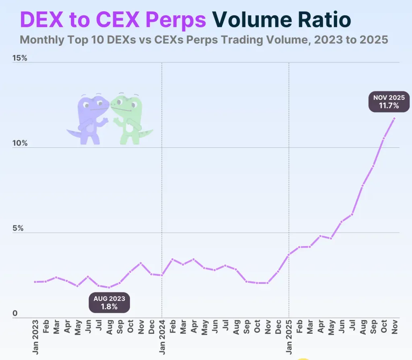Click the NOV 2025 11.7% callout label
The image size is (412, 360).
[x=389, y=101]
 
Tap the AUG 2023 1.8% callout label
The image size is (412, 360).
[x=109, y=302]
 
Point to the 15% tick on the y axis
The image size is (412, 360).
[x=20, y=58]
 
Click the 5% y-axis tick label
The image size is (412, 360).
[x=18, y=229]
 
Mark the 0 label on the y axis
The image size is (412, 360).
[x=15, y=314]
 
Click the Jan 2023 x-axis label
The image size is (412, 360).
[x=36, y=337]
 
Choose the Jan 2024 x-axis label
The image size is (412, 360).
[x=162, y=337]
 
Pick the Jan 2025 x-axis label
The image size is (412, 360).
[x=289, y=337]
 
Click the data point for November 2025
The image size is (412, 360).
[x=394, y=118]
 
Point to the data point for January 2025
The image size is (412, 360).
[x=289, y=254]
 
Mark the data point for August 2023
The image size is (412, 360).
[x=109, y=287]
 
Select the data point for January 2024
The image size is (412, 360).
[x=162, y=275]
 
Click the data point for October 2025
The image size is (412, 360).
[x=384, y=138]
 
